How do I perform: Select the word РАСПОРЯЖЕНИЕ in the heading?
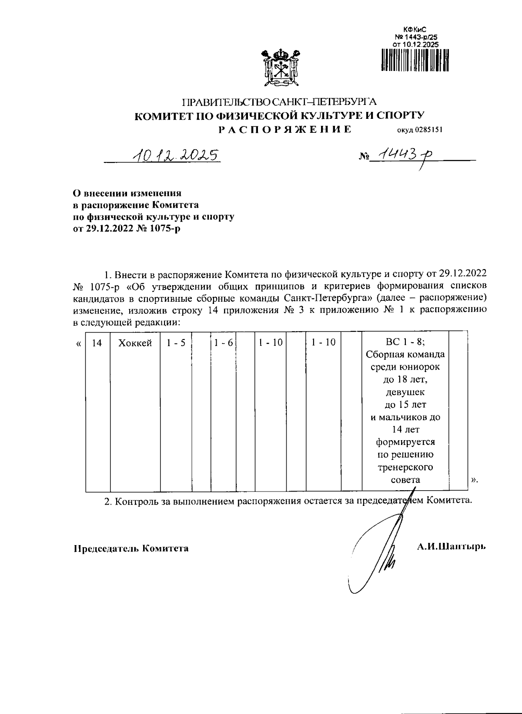284,129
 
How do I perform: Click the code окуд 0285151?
419,130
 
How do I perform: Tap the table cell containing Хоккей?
135,343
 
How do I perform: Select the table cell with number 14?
97,343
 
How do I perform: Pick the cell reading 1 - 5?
176,343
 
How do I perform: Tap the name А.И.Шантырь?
451,546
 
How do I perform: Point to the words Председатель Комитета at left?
130,548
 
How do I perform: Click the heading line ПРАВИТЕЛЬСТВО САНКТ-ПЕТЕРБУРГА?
279,103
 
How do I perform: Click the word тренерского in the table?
405,467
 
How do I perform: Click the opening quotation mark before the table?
78,344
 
